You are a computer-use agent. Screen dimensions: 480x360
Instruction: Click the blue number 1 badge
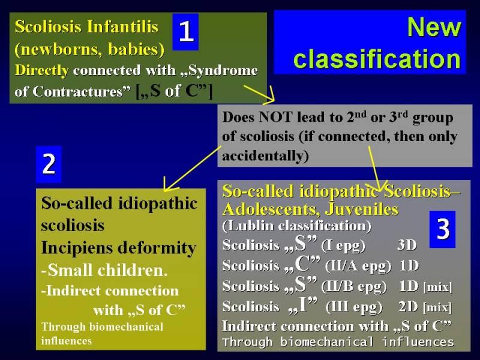point(185,32)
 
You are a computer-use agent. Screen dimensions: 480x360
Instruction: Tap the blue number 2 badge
point(49,164)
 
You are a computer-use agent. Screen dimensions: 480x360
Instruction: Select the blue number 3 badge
point(442,229)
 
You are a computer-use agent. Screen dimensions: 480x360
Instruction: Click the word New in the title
point(434,27)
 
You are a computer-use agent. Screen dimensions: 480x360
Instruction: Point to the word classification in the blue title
point(377,59)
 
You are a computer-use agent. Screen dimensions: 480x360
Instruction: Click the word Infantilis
point(122,26)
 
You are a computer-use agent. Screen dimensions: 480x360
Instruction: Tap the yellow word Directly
point(41,71)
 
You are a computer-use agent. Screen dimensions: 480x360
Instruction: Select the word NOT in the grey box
point(274,117)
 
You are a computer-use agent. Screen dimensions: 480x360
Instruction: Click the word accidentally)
point(265,156)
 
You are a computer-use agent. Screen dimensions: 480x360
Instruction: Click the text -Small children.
point(104,270)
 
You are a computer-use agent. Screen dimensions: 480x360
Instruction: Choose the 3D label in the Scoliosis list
point(407,245)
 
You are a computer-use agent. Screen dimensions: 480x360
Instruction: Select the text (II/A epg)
point(358,266)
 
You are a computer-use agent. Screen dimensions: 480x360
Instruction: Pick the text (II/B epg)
point(354,287)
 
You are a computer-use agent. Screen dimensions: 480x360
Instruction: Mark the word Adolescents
point(271,209)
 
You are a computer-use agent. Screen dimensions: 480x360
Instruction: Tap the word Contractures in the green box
point(82,91)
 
